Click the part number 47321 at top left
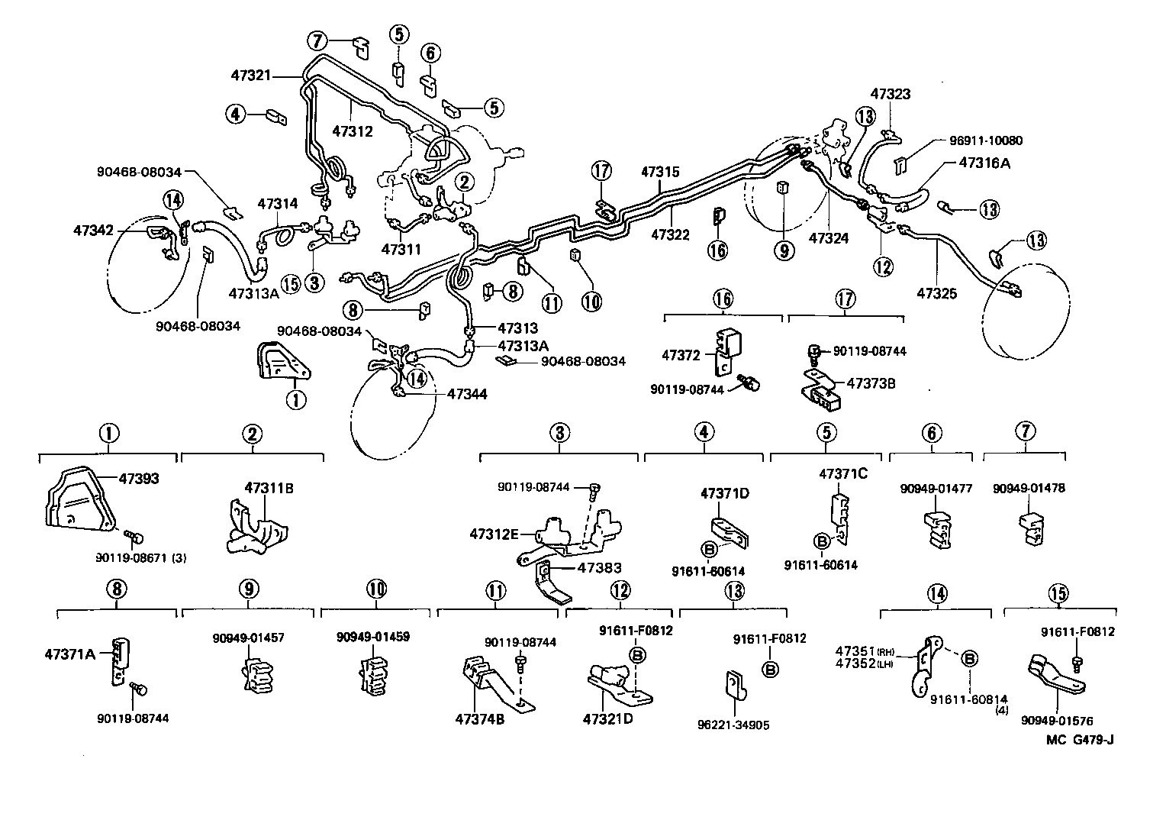(251, 75)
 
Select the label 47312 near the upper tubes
(352, 131)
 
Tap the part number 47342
(93, 230)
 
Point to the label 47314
(278, 204)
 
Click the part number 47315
(660, 173)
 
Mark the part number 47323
(891, 95)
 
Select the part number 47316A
(984, 163)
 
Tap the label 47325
(936, 293)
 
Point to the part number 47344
(467, 394)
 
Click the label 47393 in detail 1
(140, 479)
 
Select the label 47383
(599, 567)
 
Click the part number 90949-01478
(1029, 489)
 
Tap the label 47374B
(480, 718)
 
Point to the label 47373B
(870, 383)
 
